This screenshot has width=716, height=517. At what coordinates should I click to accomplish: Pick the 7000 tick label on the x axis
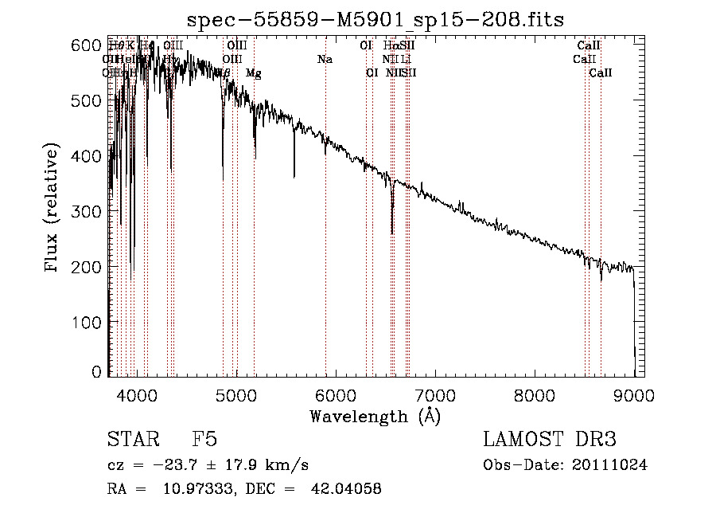click(434, 395)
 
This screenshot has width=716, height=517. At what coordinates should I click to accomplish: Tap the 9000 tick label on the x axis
click(634, 395)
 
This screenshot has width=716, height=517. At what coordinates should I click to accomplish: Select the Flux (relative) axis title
click(53, 209)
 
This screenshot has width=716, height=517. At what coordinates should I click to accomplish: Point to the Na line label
click(325, 60)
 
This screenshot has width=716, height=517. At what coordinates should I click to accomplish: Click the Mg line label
click(253, 73)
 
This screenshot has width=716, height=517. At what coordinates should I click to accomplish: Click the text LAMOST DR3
click(550, 440)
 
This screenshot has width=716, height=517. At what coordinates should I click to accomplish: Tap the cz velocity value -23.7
click(177, 465)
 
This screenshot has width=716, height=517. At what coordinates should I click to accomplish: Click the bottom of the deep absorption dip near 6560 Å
click(392, 233)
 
